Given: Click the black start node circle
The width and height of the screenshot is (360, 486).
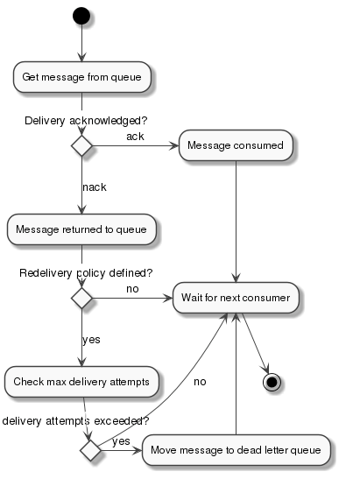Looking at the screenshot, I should click(81, 15).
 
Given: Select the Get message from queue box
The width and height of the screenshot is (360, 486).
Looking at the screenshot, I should click(82, 77).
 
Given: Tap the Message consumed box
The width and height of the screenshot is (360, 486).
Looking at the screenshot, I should click(236, 145).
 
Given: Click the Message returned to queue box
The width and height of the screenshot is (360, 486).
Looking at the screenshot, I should click(82, 230).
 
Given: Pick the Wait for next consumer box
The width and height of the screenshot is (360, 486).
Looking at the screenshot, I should click(236, 298).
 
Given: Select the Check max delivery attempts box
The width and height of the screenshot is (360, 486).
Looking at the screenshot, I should click(82, 382).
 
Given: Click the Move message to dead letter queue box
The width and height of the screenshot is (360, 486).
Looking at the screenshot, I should click(236, 449).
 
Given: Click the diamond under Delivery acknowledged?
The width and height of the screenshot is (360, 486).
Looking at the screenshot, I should click(81, 145).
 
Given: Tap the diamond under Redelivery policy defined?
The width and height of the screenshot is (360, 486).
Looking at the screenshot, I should click(81, 298).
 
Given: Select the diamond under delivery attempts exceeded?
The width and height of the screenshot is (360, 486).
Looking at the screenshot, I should click(90, 449).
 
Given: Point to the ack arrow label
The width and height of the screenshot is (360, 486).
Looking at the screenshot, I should click(135, 137).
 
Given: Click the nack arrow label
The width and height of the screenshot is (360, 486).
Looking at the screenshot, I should click(95, 187).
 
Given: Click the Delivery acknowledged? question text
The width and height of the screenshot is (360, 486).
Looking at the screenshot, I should click(86, 120).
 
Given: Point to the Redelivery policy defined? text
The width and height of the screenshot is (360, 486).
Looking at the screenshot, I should click(86, 272).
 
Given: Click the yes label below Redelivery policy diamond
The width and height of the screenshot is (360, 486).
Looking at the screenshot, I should click(91, 339).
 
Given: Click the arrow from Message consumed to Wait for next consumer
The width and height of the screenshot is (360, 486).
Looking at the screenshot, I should click(236, 219).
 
